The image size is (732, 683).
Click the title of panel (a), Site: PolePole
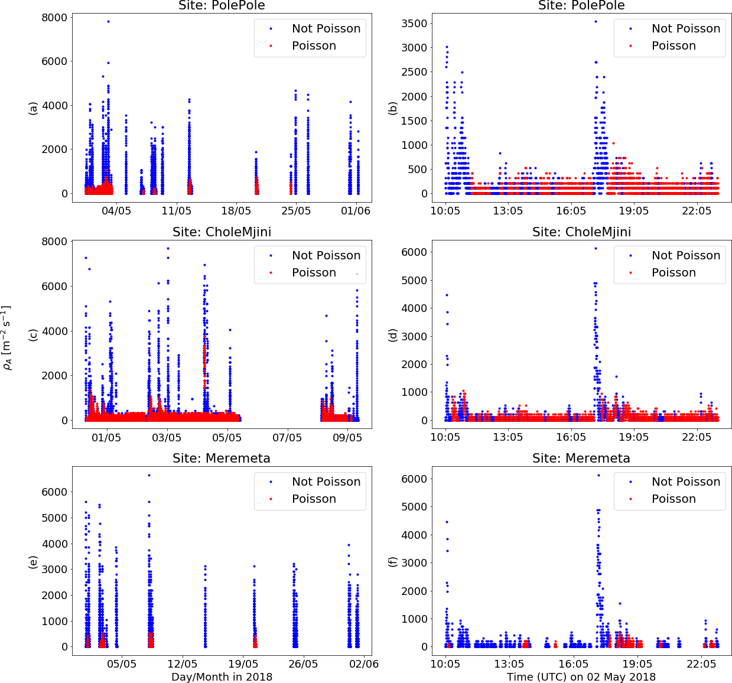coord(222,6)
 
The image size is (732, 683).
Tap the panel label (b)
coord(392,108)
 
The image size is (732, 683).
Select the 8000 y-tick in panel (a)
coord(54,18)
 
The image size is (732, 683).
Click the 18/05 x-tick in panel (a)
coord(236,211)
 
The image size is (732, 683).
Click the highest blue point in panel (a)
coord(108,21)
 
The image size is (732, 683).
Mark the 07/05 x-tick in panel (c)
coord(287,438)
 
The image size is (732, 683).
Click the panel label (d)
coord(392,335)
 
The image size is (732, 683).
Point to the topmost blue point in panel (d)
coord(596,248)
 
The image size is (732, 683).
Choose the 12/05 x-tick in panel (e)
coord(183,664)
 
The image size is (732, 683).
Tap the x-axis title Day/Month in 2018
coord(222,677)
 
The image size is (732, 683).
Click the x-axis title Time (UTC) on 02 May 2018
coord(581,677)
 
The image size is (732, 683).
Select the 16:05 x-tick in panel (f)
coord(571,664)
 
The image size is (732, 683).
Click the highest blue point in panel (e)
coord(149,475)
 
